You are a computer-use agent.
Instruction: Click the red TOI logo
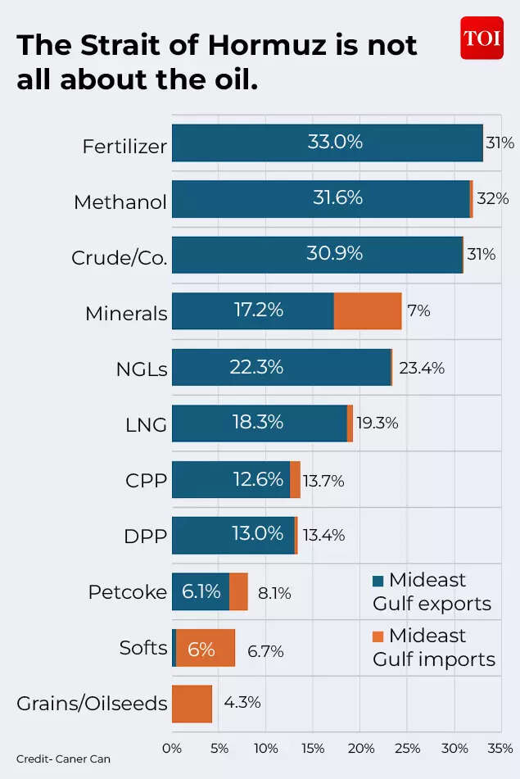pyautogui.click(x=481, y=38)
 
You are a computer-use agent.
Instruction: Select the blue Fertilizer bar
pyautogui.click(x=327, y=143)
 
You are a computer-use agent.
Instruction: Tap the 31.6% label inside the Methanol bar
pyautogui.click(x=334, y=198)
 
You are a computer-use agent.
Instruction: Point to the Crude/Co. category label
pyautogui.click(x=120, y=258)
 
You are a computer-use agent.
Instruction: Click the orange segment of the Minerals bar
pyautogui.click(x=368, y=311)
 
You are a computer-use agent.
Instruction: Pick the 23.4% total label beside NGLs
pyautogui.click(x=422, y=369)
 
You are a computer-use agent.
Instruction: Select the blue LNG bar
pyautogui.click(x=259, y=423)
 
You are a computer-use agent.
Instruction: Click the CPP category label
pyautogui.click(x=147, y=481)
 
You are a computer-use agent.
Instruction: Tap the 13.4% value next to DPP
pyautogui.click(x=323, y=536)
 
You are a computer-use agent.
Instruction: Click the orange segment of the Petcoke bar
pyautogui.click(x=238, y=591)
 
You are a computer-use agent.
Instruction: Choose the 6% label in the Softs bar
pyautogui.click(x=201, y=650)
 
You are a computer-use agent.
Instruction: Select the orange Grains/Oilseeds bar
pyautogui.click(x=192, y=704)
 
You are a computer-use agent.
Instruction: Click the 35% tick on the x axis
pyautogui.click(x=500, y=748)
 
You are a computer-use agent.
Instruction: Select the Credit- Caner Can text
pyautogui.click(x=63, y=759)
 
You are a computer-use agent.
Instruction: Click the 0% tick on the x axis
pyautogui.click(x=172, y=748)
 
